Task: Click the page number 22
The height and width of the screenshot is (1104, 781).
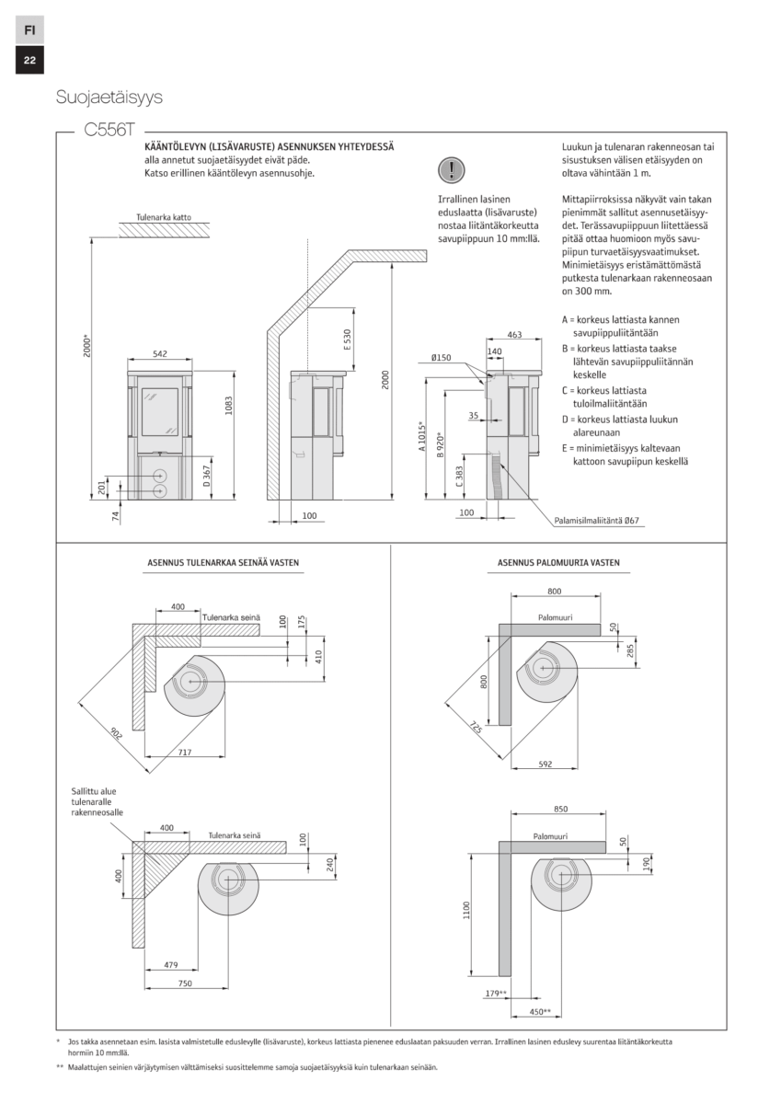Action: (29, 61)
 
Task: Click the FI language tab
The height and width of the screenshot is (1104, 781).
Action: (29, 29)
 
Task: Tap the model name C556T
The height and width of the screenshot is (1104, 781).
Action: (108, 131)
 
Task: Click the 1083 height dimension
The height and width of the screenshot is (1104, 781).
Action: (227, 407)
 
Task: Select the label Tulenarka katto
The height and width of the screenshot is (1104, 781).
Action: (163, 217)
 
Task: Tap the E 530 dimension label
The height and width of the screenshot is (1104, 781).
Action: (347, 339)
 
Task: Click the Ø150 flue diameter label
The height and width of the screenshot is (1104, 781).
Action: (441, 357)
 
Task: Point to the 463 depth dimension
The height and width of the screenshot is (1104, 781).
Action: (514, 336)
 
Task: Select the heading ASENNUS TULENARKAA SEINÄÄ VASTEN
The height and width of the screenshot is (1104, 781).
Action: (223, 562)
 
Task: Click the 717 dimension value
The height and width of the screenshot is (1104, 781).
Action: (184, 753)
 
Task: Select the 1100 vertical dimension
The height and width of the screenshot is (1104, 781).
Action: (467, 910)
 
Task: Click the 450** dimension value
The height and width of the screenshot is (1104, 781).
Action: (540, 1012)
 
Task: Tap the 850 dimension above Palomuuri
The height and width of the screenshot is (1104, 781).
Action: (561, 809)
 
